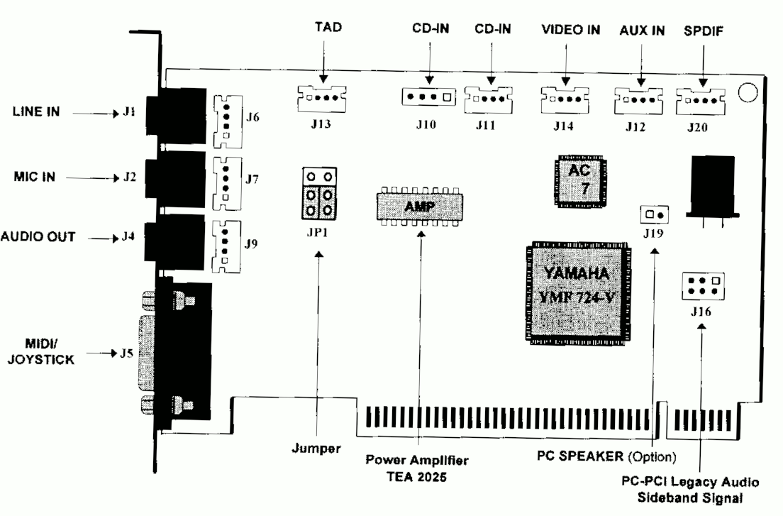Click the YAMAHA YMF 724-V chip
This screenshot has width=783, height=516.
pyautogui.click(x=577, y=292)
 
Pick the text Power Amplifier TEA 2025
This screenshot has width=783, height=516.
pyautogui.click(x=418, y=468)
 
